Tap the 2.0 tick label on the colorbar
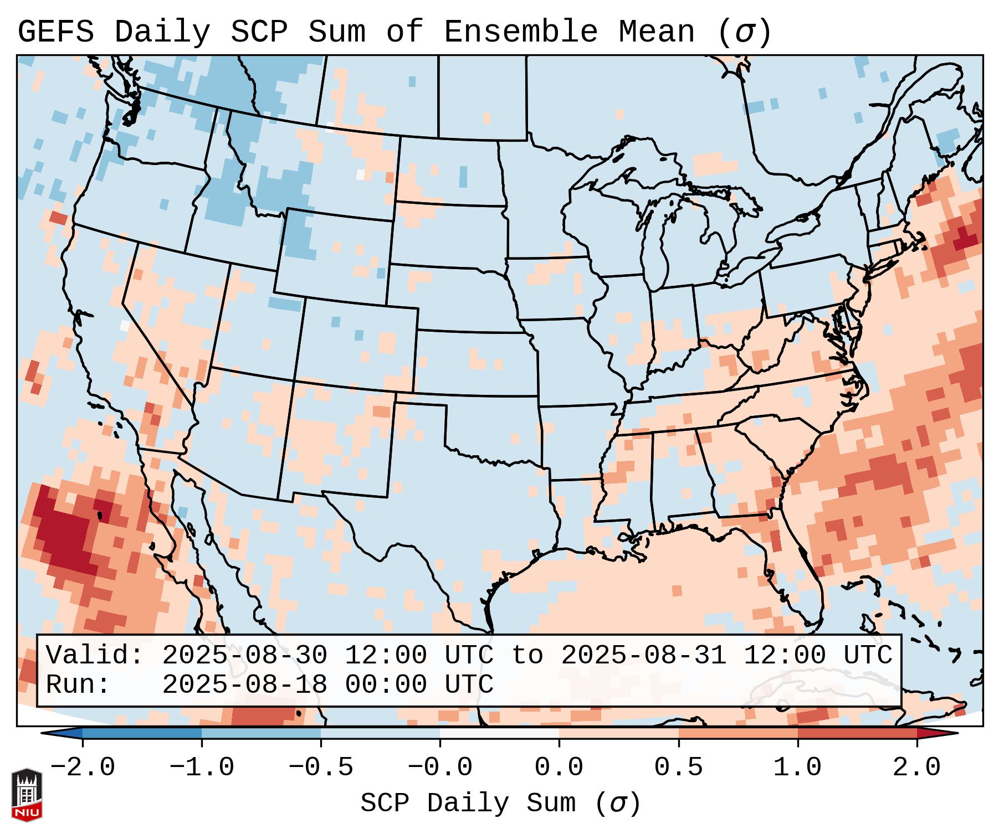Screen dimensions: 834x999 916,768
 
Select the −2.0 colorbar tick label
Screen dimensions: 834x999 83,768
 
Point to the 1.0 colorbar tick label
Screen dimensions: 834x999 797,768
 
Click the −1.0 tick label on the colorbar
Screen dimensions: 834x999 202,768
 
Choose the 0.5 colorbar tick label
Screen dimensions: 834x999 678,768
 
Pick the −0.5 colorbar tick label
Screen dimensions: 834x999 321,768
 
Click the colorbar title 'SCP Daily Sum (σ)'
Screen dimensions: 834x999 500,803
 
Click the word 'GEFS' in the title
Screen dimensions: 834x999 55,32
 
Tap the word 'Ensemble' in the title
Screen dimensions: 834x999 521,32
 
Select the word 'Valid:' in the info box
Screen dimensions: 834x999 95,655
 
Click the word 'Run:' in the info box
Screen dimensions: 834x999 78,684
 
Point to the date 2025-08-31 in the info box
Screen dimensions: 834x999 643,655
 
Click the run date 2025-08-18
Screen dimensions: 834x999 244,684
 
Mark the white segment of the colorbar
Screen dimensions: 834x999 499,733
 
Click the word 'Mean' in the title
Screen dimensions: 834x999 656,32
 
